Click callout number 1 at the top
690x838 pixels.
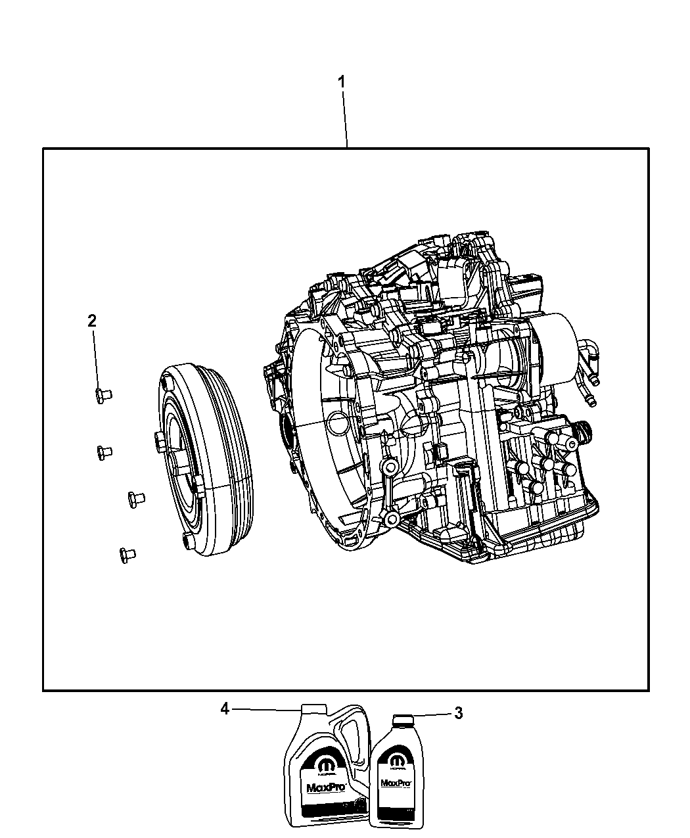click(x=341, y=82)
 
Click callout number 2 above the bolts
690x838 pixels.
click(x=92, y=321)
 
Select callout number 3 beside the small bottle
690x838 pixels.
click(x=458, y=713)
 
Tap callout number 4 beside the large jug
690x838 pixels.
click(x=225, y=709)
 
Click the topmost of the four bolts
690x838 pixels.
click(x=102, y=395)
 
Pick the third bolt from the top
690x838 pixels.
click(x=135, y=498)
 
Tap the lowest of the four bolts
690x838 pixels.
click(x=126, y=554)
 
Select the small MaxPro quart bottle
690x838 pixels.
click(x=396, y=776)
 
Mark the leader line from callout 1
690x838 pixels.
click(x=346, y=118)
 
